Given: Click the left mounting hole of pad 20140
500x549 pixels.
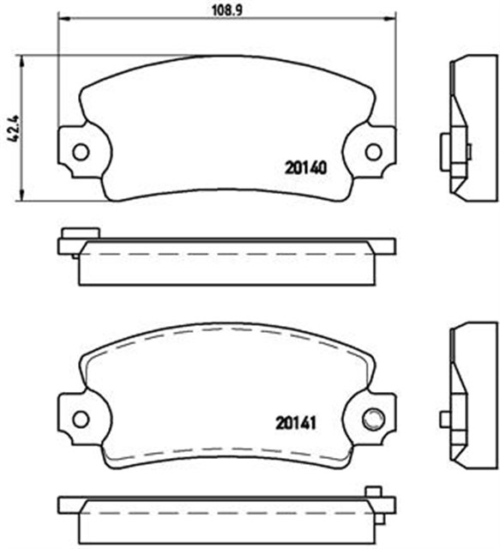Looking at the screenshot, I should coord(80,152).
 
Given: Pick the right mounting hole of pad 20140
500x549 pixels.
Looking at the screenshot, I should coord(373,152).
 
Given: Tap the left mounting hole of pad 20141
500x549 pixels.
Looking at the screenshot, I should coord(80,419).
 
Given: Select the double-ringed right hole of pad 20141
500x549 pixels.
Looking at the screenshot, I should coord(373,419).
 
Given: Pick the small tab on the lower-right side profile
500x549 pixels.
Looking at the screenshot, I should coord(445,419).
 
